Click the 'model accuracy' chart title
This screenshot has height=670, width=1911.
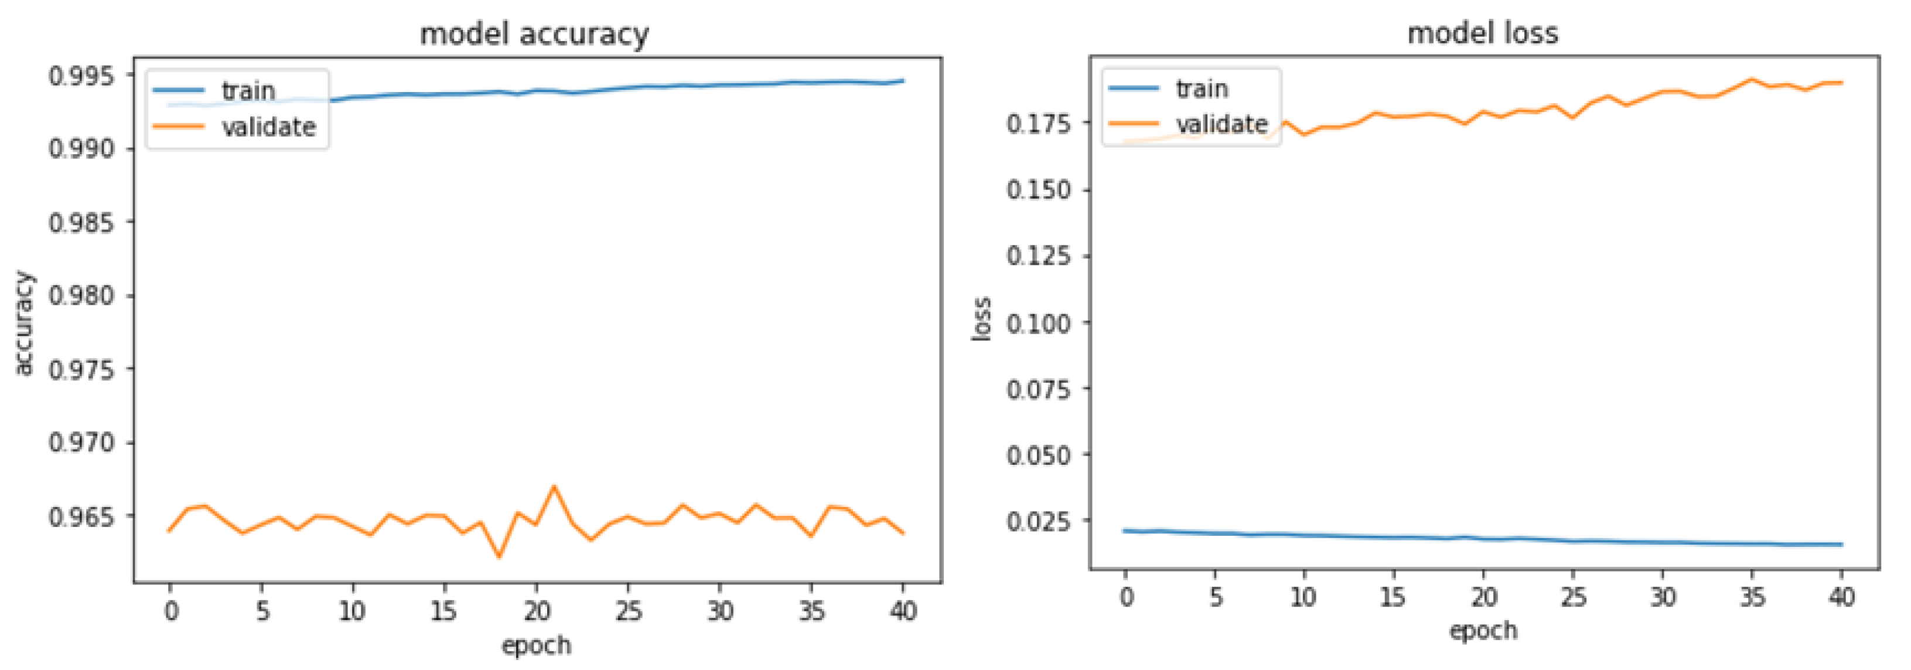pyautogui.click(x=534, y=34)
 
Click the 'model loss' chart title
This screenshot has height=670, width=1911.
pyautogui.click(x=1483, y=33)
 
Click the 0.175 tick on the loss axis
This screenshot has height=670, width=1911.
pyautogui.click(x=1039, y=123)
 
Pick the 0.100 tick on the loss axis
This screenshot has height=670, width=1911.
pyautogui.click(x=1039, y=323)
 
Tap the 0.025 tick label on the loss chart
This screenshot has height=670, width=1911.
pyautogui.click(x=1039, y=521)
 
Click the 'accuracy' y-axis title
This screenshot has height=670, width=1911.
pyautogui.click(x=24, y=324)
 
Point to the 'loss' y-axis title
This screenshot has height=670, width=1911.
pyautogui.click(x=981, y=319)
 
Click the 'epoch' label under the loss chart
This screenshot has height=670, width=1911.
pyautogui.click(x=1483, y=631)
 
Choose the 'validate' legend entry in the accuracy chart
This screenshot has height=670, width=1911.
pyautogui.click(x=268, y=127)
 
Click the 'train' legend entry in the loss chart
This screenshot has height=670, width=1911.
pyautogui.click(x=1202, y=89)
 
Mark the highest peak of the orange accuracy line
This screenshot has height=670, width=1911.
pyautogui.click(x=554, y=487)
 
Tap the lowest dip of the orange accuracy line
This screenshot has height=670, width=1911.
pyautogui.click(x=499, y=556)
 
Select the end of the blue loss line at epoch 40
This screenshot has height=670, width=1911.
pyautogui.click(x=1841, y=545)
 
